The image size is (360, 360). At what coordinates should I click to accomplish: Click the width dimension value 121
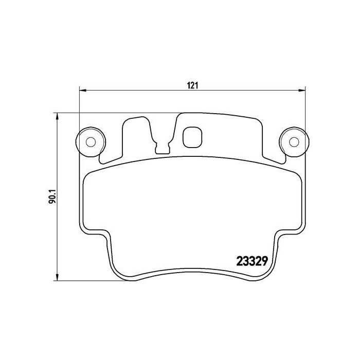pyautogui.click(x=192, y=85)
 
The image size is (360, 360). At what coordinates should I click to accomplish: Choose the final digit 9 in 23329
pyautogui.click(x=262, y=261)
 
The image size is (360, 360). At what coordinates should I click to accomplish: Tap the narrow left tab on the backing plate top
pyautogui.click(x=125, y=136)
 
